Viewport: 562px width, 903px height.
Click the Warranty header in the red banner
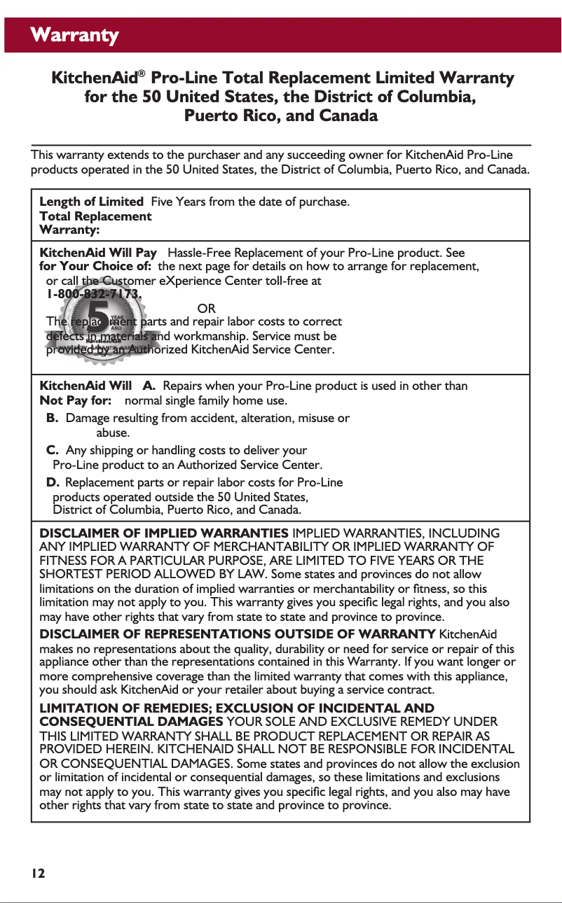click(74, 35)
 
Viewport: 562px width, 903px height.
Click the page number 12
click(38, 873)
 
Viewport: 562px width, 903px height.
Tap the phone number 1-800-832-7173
click(94, 295)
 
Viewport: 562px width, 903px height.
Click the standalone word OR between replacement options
click(207, 309)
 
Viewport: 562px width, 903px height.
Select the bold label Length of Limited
click(92, 202)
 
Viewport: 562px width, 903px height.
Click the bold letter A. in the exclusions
click(149, 386)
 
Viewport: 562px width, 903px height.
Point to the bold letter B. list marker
click(52, 418)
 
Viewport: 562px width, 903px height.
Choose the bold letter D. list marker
click(53, 482)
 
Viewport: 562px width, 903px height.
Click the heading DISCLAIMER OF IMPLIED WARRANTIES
click(164, 534)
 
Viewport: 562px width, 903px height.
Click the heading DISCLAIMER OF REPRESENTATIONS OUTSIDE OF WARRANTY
click(237, 634)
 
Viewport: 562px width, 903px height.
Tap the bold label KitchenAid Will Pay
click(98, 252)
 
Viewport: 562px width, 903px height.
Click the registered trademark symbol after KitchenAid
click(142, 73)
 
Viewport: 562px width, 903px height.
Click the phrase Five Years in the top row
click(179, 202)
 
